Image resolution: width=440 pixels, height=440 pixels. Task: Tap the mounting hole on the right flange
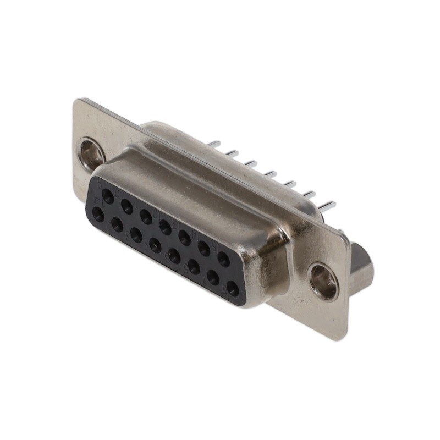tap(323, 281)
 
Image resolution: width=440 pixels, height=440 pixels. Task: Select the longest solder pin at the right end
tap(327, 206)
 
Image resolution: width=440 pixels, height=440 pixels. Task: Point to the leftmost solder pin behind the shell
tap(214, 144)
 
